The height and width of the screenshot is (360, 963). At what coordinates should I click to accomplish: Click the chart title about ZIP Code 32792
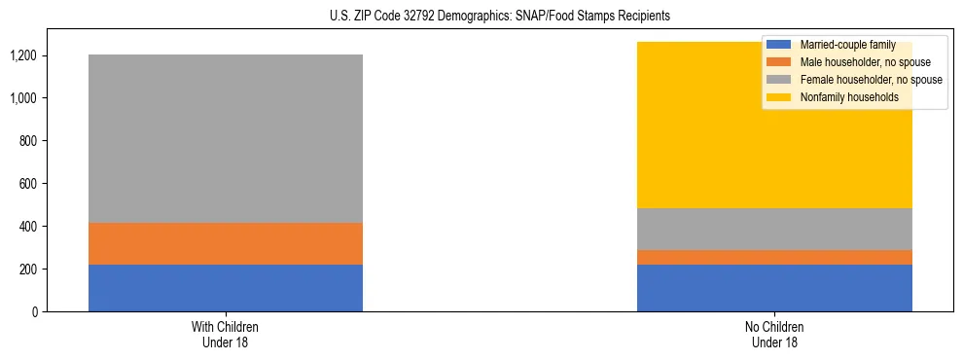[x=481, y=17]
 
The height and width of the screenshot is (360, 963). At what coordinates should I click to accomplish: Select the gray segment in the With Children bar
[x=226, y=138]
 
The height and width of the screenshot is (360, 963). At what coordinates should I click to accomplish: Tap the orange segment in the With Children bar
[x=226, y=243]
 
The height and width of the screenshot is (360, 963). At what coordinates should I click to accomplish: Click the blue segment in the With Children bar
[x=226, y=288]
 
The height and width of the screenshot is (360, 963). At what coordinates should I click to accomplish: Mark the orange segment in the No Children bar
[x=774, y=257]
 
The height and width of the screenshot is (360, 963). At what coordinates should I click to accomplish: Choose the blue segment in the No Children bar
[x=774, y=288]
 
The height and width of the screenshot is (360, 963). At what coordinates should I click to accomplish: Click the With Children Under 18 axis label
[x=226, y=334]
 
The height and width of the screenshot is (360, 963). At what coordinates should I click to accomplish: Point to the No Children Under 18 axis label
[x=774, y=334]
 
